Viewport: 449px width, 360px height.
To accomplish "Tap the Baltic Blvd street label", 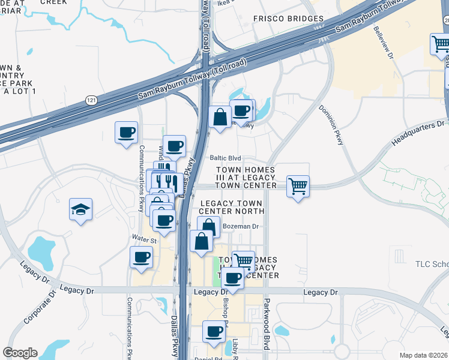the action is [225, 158].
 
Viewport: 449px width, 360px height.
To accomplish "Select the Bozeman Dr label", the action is [240, 226].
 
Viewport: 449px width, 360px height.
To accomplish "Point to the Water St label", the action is [144, 241].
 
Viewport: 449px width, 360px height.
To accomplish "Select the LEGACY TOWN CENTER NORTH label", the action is [232, 207].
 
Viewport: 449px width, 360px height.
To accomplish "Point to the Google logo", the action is [20, 353].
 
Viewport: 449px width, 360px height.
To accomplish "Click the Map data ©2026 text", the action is [424, 355].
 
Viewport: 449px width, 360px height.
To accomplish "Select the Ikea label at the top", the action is [224, 2].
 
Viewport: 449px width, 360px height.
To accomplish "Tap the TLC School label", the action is [432, 264].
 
